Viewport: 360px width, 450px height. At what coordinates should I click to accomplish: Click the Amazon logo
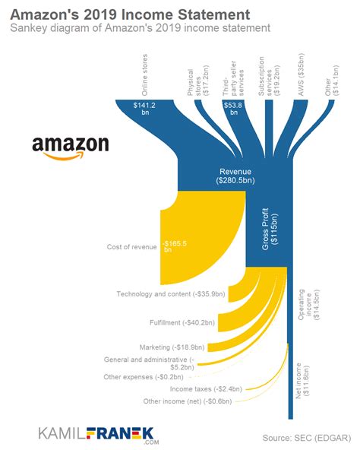coord(71,147)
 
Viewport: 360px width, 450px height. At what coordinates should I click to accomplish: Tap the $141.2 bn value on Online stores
coord(144,109)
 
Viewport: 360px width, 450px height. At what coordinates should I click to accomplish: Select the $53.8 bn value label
coord(233,109)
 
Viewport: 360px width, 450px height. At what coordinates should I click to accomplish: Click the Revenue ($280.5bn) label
coord(235,176)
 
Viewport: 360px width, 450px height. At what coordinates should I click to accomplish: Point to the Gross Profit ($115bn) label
coord(270,229)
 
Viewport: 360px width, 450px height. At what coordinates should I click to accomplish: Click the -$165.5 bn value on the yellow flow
coord(175,246)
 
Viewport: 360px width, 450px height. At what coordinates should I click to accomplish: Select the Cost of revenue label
coord(131,247)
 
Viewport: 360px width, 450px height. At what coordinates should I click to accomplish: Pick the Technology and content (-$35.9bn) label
coord(171,294)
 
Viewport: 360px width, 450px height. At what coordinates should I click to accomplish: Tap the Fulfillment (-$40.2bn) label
coord(182,322)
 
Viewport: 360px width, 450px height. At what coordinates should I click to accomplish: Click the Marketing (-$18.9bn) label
coord(172,347)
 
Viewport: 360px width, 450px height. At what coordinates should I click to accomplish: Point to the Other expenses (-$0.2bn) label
coord(144,377)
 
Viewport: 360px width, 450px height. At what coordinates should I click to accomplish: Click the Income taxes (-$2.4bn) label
coord(206,389)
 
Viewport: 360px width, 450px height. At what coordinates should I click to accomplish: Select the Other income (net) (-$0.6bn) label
coord(188,401)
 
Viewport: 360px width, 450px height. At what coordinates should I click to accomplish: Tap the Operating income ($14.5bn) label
coord(308,304)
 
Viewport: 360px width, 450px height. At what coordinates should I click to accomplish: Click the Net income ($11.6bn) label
coord(302,381)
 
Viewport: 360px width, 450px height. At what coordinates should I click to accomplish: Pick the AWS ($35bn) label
coord(301,74)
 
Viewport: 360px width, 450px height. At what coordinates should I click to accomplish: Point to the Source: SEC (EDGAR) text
coord(307,438)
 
